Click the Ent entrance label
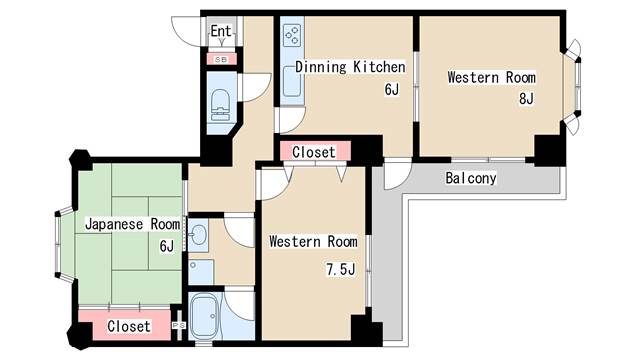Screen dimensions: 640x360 click(x=221, y=31)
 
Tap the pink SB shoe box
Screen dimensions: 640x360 click(x=221, y=59)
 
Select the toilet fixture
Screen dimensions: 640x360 click(x=220, y=105)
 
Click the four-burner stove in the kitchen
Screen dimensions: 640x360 click(x=292, y=35)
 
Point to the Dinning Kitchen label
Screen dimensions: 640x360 click(x=350, y=67)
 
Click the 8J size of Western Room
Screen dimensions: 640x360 click(x=526, y=98)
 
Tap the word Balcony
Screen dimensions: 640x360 click(x=471, y=178)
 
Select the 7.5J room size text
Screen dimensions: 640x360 click(x=340, y=269)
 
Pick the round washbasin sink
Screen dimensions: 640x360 click(x=199, y=235)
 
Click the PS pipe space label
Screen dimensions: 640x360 click(x=179, y=325)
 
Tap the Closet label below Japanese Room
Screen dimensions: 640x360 click(x=129, y=326)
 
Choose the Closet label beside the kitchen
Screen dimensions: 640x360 click(x=313, y=152)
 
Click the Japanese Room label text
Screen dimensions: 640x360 click(x=132, y=224)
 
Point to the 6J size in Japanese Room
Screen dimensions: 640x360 click(x=167, y=246)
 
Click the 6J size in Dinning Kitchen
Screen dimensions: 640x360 click(x=391, y=89)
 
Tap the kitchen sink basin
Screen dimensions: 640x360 click(x=292, y=81)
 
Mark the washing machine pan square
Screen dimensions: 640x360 click(x=201, y=272)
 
